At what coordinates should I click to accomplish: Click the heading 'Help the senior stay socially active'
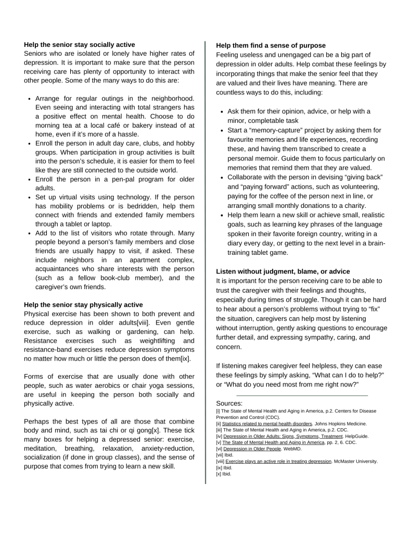click(79, 45)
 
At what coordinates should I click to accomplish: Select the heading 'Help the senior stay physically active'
click(83, 305)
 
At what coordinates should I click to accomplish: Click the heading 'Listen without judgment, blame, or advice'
click(283, 271)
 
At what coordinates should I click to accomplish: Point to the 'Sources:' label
click(229, 403)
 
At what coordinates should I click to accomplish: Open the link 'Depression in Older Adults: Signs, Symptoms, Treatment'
click(283, 436)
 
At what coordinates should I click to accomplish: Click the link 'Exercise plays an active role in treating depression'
click(278, 461)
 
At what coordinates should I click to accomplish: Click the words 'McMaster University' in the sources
click(356, 461)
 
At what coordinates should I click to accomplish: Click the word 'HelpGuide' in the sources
click(356, 436)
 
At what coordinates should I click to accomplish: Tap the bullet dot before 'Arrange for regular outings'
click(30, 98)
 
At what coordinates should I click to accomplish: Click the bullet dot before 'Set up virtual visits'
click(30, 197)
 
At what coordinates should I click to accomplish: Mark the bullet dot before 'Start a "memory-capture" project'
click(222, 130)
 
